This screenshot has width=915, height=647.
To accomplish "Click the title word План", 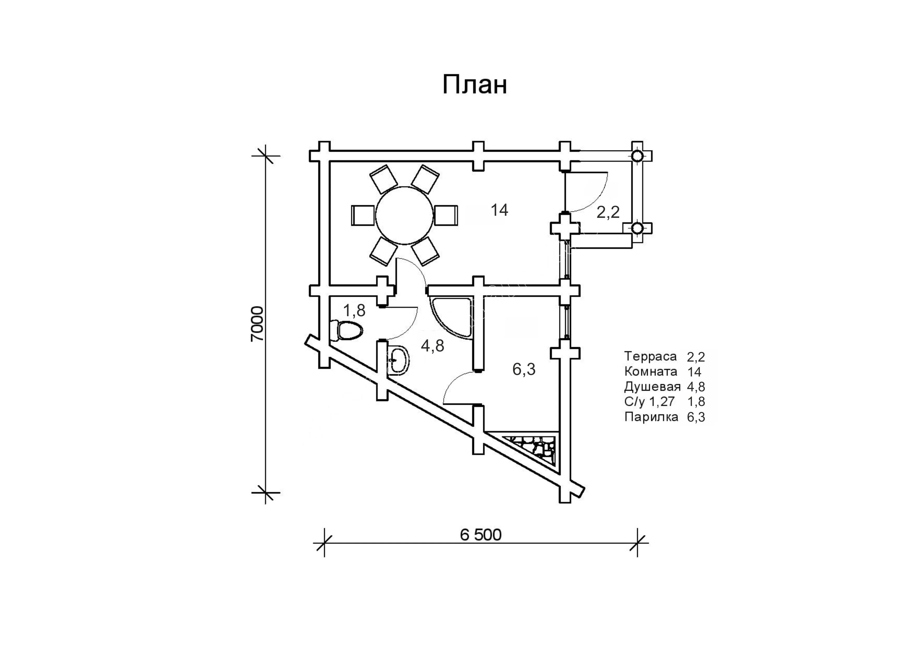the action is (475, 85).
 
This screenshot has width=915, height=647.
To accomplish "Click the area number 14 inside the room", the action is (499, 210).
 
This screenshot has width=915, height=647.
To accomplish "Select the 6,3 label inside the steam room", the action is (524, 369).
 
